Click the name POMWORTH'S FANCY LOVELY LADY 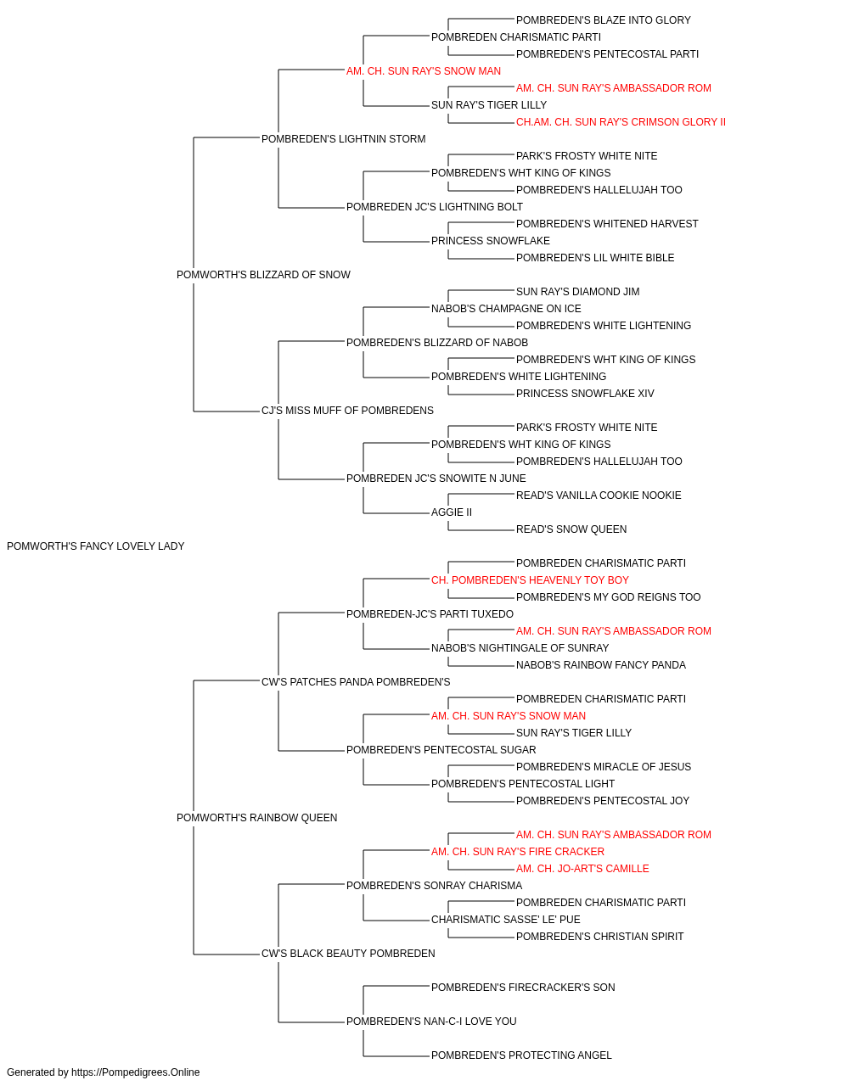tap(95, 546)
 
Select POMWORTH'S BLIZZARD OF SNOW tap(263, 275)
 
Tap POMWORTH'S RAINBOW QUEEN tap(257, 818)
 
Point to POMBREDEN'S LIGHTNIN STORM tap(344, 139)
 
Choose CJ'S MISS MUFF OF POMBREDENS tap(347, 411)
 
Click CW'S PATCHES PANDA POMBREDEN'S tap(356, 681)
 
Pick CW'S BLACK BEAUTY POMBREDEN tap(348, 954)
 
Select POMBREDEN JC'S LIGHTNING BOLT tap(435, 207)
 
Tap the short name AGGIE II tap(452, 512)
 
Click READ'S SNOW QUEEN tap(571, 529)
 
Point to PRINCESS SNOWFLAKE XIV tap(585, 394)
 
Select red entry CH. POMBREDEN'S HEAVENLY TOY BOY tap(530, 580)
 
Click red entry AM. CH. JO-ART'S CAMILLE tap(582, 869)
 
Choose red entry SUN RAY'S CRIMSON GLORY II tap(621, 122)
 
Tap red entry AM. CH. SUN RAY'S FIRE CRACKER tap(518, 852)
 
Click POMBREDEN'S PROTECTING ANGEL tap(521, 1055)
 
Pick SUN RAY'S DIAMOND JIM tap(577, 292)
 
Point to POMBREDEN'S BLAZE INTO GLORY tap(604, 20)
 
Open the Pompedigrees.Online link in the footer tap(136, 1072)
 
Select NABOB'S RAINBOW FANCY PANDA tap(601, 664)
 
